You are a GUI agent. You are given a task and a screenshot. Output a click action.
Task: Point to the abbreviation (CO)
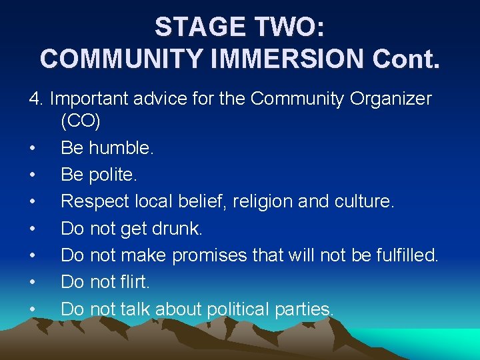pyautogui.click(x=80, y=121)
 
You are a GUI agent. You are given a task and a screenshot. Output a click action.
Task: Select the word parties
pyautogui.click(x=310, y=309)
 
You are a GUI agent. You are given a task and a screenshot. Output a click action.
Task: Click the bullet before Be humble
pyautogui.click(x=33, y=149)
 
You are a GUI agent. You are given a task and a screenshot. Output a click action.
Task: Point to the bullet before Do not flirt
pyautogui.click(x=33, y=283)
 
